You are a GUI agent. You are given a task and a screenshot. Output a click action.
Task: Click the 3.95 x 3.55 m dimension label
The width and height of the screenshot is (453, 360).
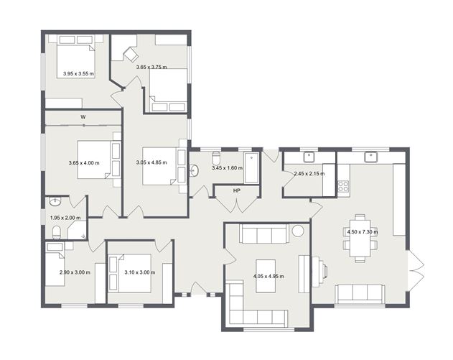(x=78, y=74)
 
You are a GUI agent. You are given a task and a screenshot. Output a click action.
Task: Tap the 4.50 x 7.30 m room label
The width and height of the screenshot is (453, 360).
(x=363, y=232)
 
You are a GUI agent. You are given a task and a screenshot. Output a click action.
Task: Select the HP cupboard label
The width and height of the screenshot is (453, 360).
(x=237, y=191)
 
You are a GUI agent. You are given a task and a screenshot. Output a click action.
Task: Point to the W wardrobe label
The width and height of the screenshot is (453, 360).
(x=83, y=117)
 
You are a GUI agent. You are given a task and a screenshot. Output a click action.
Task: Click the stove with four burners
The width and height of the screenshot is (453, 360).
(x=343, y=186)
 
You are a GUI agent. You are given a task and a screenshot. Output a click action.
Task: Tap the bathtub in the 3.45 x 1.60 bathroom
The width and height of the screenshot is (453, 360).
(x=251, y=168)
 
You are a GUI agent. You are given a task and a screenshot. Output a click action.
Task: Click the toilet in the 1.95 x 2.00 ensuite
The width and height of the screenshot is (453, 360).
(x=56, y=233)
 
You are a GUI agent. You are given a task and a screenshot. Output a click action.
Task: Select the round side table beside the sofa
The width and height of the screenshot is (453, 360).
(x=297, y=231)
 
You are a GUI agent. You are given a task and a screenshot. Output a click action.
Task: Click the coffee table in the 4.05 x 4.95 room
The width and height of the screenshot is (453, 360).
(x=266, y=276)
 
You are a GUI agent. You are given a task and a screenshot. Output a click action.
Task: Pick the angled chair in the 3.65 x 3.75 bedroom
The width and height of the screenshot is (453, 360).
(x=131, y=55)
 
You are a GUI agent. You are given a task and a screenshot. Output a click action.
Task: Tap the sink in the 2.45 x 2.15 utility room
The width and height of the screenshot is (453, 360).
(x=309, y=157)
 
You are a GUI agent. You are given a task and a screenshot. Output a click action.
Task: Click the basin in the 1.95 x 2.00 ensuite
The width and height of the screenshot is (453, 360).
(x=55, y=201)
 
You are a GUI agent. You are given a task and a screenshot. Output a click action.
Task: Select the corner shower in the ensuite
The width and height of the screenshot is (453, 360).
(x=77, y=230)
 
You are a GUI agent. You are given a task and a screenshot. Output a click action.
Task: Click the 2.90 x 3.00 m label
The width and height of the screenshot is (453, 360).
(x=75, y=272)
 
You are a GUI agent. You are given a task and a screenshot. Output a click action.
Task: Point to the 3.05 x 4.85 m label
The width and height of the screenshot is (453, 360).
(x=151, y=162)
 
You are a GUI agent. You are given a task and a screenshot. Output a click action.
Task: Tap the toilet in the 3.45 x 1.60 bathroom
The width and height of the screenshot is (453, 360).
(x=216, y=158)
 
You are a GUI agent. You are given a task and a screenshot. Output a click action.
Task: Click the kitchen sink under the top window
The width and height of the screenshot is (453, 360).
(x=370, y=157)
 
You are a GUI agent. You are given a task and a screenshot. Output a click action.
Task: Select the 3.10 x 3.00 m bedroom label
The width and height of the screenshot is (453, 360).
(x=140, y=272)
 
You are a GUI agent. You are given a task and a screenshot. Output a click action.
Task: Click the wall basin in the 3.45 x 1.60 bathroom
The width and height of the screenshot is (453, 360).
(x=194, y=170)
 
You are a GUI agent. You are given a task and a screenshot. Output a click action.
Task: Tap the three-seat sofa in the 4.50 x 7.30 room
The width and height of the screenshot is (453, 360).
(x=360, y=294)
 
